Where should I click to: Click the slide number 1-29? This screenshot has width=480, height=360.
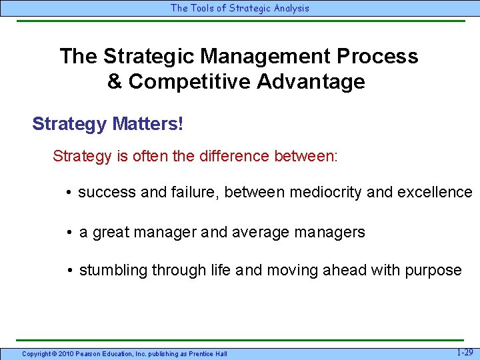click(465, 352)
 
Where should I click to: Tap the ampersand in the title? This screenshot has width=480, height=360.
click(115, 81)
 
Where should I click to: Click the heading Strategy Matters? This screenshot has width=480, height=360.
click(107, 124)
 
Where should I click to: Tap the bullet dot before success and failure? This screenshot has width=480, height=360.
click(69, 193)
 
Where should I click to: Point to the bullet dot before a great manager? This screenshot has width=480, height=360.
click(69, 233)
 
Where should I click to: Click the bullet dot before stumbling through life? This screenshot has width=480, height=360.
click(69, 271)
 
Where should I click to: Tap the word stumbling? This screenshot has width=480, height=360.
click(113, 270)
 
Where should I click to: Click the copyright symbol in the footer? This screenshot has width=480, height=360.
click(57, 353)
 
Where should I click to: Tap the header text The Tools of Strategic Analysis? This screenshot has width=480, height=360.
click(240, 8)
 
